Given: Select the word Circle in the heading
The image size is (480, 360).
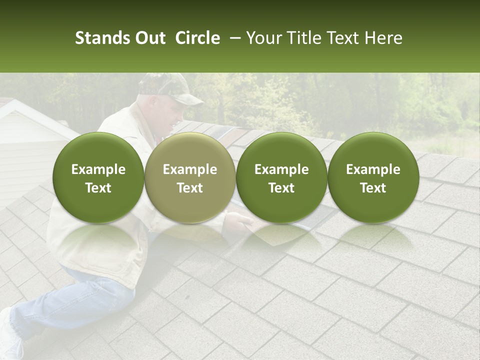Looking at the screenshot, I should coord(197,38).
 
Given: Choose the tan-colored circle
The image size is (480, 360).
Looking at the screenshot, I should coord(190,177).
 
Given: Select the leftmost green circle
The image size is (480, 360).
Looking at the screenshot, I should coord(98,177).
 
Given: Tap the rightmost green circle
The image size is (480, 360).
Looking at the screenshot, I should coord(373,177).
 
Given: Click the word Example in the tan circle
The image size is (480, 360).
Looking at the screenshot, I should coord(190,169).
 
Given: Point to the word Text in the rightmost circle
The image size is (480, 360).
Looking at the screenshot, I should coord(373,188).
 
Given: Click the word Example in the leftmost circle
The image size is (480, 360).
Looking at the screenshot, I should coord(98,169).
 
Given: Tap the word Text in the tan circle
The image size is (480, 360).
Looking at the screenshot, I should coord(190,188).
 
